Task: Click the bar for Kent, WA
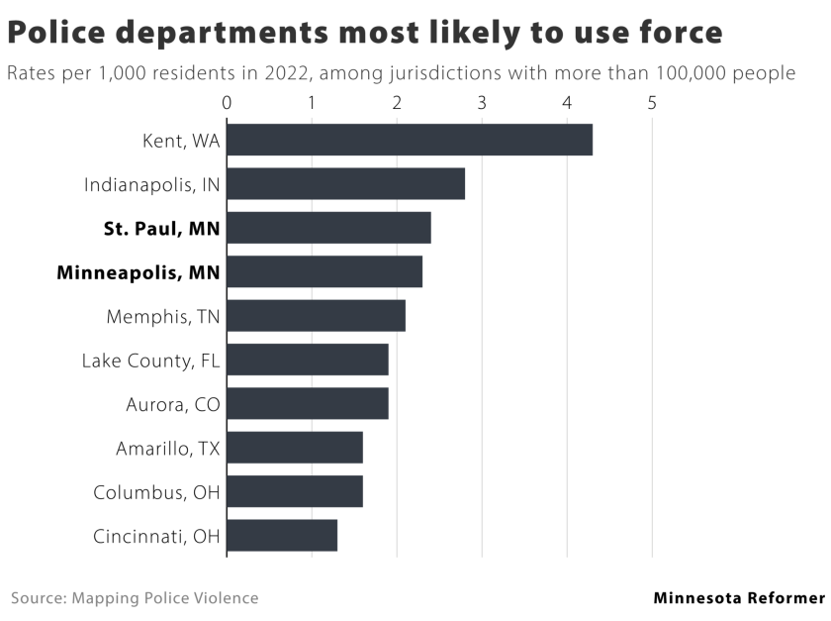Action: point(410,140)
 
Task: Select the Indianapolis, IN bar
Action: point(346,184)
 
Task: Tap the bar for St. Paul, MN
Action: point(329,228)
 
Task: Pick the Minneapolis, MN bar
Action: point(324,271)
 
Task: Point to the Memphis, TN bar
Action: point(317,316)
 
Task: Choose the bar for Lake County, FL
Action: point(308,360)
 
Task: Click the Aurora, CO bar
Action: point(308,403)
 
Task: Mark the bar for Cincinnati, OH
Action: point(282,535)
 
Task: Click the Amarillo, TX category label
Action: point(168,448)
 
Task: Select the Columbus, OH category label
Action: point(157,492)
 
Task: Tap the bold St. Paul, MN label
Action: point(162,229)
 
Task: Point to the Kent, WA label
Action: point(181,141)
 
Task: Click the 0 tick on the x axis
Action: point(227,102)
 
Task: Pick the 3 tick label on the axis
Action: point(482,102)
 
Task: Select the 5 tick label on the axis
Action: point(652,102)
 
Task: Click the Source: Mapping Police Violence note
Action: point(135,598)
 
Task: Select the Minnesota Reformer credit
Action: point(738,598)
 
